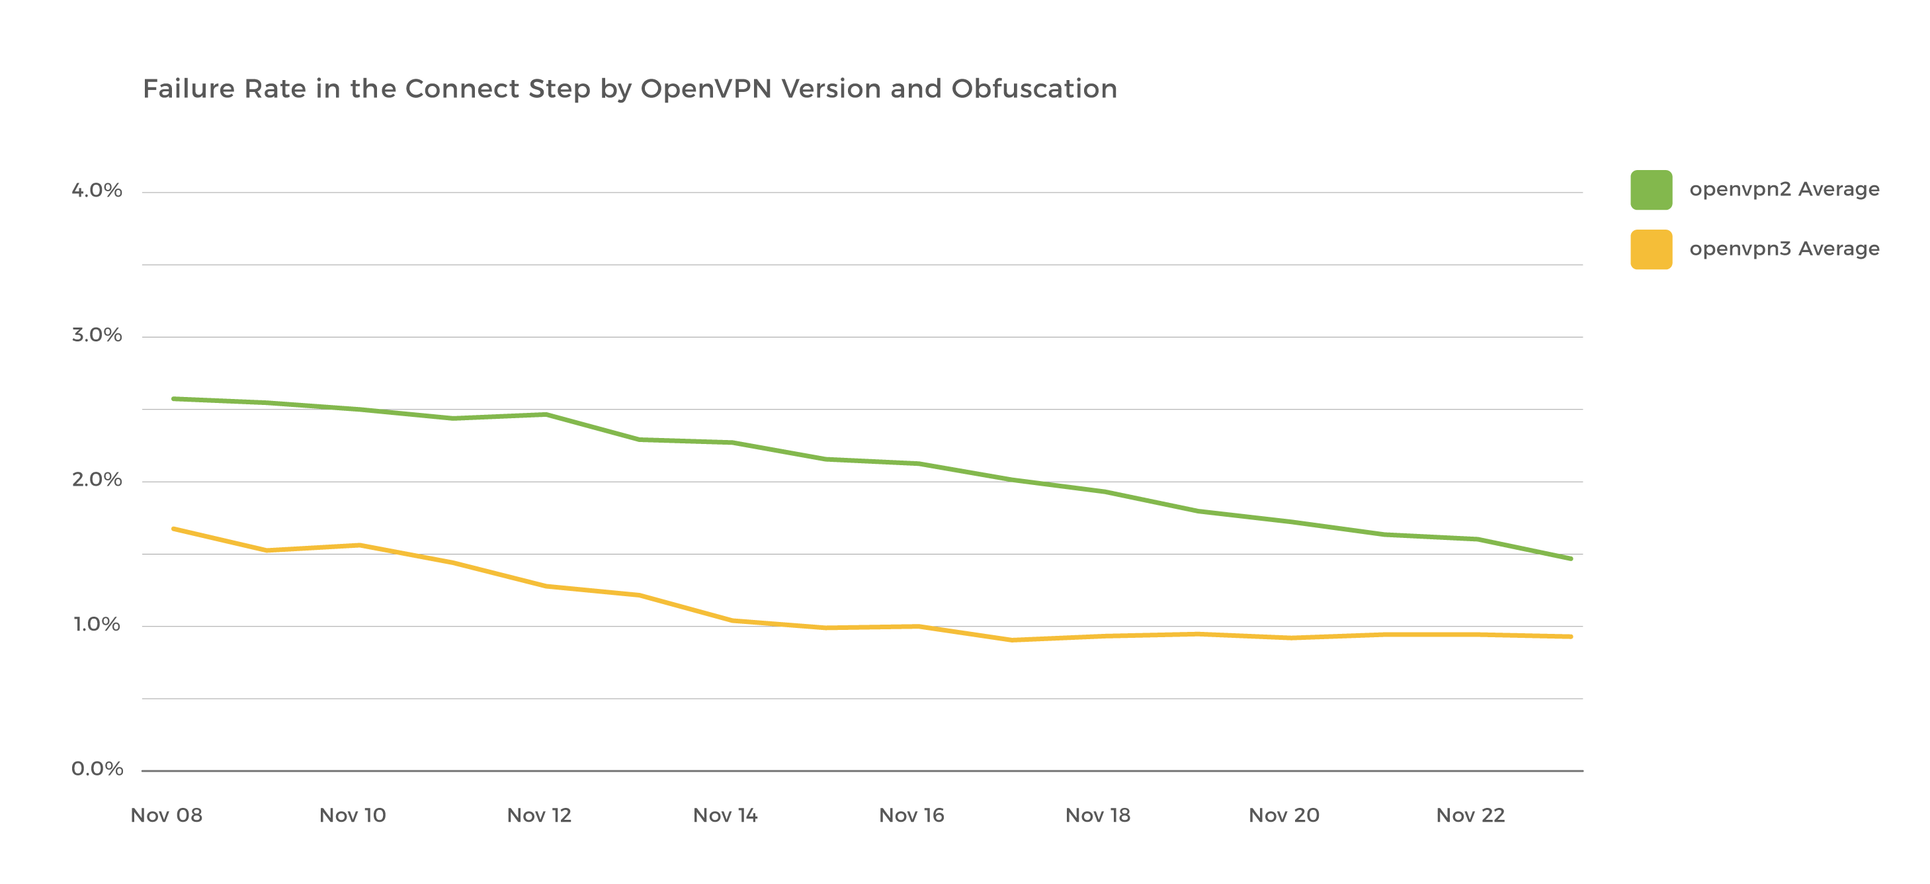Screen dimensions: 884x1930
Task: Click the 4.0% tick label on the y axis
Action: click(97, 191)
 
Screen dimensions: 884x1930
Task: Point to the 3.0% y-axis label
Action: click(97, 335)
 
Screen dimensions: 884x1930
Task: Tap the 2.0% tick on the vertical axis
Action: click(97, 480)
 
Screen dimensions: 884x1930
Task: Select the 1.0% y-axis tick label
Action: click(97, 625)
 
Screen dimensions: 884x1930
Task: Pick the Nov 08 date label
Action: click(166, 816)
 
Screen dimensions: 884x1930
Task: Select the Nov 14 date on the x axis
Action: click(726, 816)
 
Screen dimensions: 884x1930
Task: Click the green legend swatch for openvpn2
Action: click(1650, 190)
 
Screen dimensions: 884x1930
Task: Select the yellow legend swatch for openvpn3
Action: click(1650, 249)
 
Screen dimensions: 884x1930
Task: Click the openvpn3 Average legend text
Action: click(1784, 249)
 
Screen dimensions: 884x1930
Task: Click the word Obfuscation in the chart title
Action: click(1034, 89)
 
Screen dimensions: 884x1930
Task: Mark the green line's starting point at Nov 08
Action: click(174, 399)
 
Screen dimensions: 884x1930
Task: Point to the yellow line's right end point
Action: click(1570, 637)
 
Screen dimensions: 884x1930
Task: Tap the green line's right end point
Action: click(1570, 558)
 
